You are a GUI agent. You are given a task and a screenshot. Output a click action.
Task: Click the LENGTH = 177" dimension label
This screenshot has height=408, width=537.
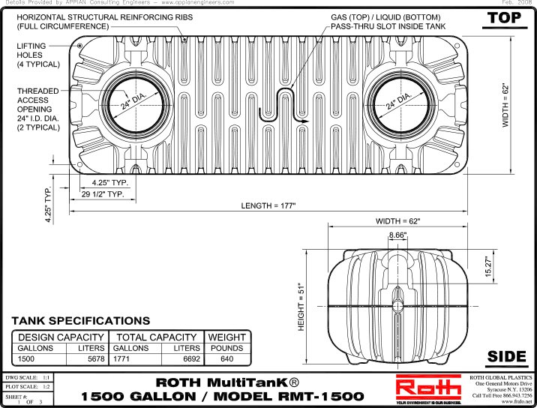(x=269, y=205)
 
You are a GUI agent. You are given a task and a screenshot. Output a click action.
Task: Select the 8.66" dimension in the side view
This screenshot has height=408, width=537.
(x=397, y=235)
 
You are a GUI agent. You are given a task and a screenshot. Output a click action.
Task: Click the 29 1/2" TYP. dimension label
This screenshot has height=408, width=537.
(x=108, y=195)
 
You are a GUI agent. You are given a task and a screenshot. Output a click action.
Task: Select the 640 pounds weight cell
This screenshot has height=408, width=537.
(x=227, y=359)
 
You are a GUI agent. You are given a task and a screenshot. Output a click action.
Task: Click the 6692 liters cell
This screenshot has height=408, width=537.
(x=187, y=359)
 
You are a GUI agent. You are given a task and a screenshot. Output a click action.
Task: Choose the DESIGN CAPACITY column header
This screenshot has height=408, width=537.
(x=60, y=337)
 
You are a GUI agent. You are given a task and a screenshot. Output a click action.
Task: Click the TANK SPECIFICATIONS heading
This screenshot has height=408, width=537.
(x=80, y=321)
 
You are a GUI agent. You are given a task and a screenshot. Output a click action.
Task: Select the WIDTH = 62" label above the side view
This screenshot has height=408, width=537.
(x=398, y=221)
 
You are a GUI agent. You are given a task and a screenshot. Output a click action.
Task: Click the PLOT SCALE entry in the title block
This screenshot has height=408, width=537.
(x=28, y=386)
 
